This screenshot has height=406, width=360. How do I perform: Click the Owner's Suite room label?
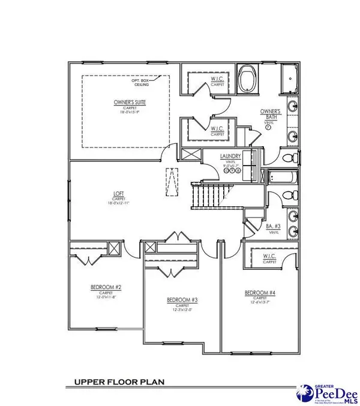(127, 103)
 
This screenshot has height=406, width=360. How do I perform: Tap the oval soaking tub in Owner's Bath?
(246, 80)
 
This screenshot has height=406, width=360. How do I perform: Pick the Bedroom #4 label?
(259, 293)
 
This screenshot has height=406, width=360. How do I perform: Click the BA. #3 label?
(273, 226)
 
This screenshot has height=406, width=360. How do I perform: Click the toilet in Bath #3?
(288, 196)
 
